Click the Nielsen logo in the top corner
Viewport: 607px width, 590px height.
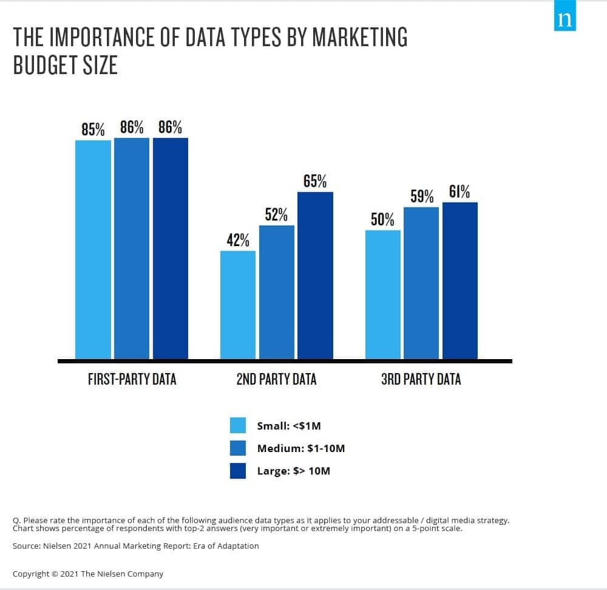565,19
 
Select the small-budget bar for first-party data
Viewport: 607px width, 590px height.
93,249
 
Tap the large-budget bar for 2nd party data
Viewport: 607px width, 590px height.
315,275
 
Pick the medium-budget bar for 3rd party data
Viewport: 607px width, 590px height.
421,283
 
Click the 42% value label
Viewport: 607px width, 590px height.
238,240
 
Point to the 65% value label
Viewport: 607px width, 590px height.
315,181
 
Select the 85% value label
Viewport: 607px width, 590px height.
93,129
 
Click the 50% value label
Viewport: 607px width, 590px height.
382,219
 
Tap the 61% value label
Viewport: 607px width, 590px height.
459,192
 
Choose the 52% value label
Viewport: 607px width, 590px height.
276,214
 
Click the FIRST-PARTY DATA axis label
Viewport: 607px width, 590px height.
132,380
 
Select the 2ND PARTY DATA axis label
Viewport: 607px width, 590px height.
276,380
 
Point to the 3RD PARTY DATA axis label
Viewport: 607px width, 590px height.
421,380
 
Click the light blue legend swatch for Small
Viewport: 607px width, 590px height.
238,425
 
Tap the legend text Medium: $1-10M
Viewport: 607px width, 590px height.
300,448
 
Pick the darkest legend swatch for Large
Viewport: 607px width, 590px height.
238,471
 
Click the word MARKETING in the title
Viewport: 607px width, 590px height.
359,38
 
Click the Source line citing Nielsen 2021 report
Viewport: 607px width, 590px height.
135,546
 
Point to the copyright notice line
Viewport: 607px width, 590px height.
88,574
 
